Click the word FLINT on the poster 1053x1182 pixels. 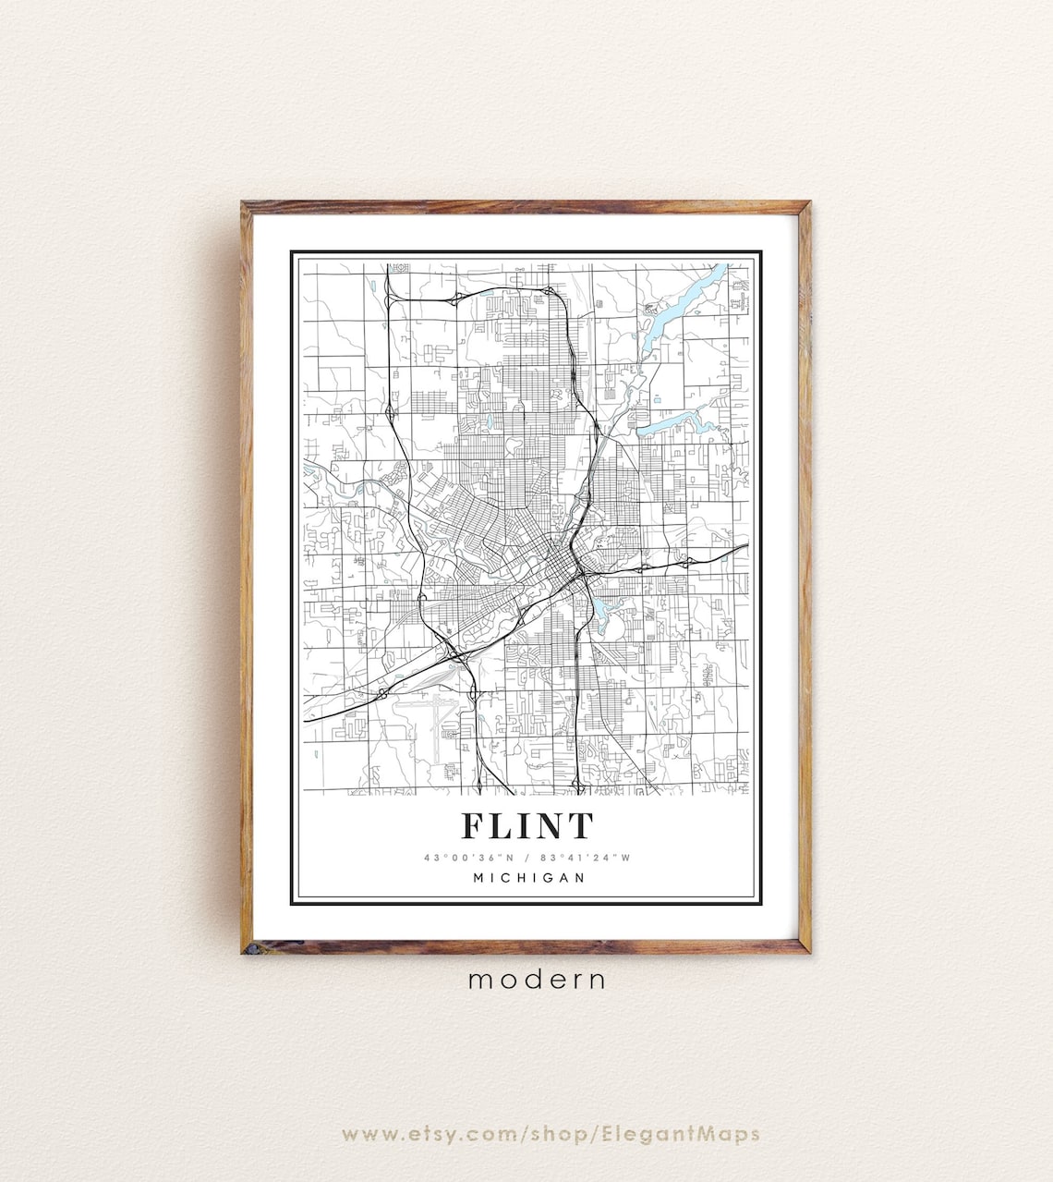(526, 825)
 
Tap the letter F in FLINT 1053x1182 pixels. (472, 825)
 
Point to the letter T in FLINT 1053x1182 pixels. (580, 825)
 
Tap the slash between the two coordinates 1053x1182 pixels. (527, 858)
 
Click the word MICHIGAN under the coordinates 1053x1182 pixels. (528, 878)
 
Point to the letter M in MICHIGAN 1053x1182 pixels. (478, 878)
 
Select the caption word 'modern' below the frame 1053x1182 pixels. (537, 980)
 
